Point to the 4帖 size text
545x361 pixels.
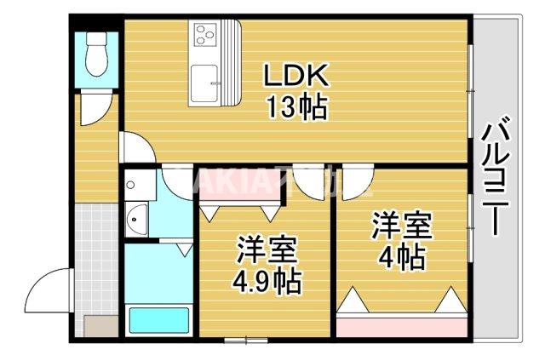pos(401,256)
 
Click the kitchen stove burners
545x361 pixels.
pos(205,35)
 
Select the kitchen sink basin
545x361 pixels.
pos(204,83)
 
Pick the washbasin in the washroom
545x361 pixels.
pos(137,221)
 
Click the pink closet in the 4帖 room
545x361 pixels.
pos(401,324)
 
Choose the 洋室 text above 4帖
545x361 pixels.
pos(401,226)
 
